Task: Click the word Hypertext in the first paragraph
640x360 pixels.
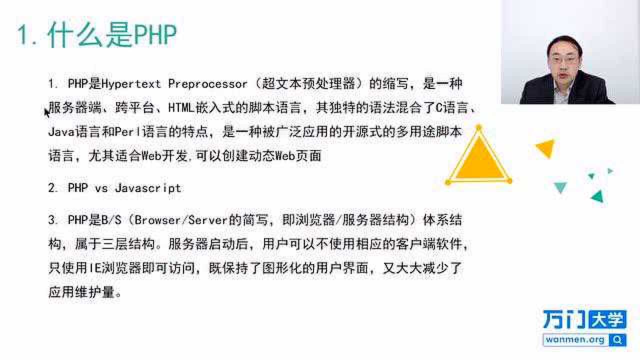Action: (x=131, y=84)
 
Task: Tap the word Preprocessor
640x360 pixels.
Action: (x=207, y=84)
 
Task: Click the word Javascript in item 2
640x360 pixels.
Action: (x=148, y=188)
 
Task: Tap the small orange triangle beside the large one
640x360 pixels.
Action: (x=546, y=148)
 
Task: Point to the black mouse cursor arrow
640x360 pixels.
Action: (x=46, y=113)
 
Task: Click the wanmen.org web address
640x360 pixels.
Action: (x=575, y=340)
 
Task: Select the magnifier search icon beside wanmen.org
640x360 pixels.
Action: (x=618, y=340)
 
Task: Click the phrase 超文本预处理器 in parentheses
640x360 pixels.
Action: (x=310, y=84)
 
